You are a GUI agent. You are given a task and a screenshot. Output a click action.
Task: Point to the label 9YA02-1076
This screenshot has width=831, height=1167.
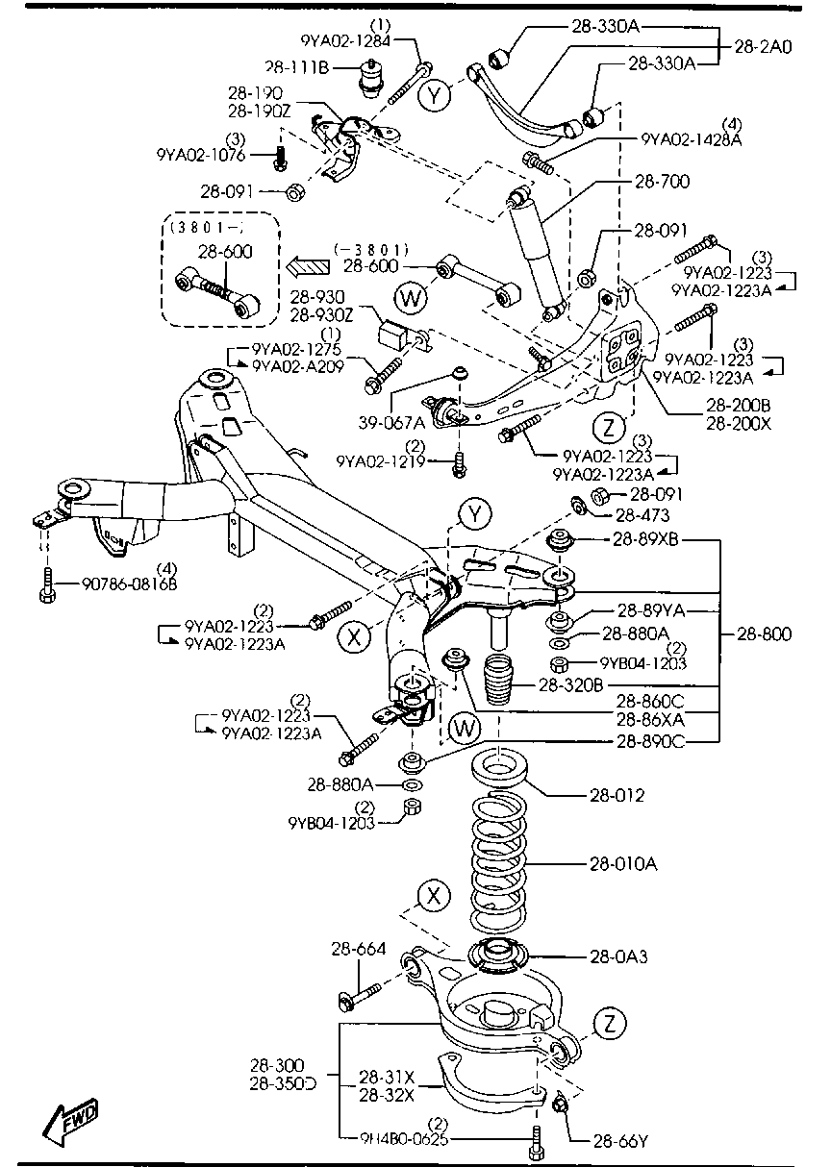(x=201, y=154)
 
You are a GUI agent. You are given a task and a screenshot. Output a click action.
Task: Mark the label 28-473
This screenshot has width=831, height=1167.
(x=640, y=516)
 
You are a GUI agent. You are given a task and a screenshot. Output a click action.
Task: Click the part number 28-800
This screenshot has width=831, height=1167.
(x=764, y=633)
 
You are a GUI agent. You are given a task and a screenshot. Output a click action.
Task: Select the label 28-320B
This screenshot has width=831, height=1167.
(x=571, y=685)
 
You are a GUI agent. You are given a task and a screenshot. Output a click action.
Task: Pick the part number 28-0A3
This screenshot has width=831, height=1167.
(x=617, y=956)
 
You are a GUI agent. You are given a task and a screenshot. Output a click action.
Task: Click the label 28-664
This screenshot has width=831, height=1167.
(x=359, y=950)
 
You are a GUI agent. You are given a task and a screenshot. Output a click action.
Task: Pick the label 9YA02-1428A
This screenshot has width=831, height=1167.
(x=692, y=139)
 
